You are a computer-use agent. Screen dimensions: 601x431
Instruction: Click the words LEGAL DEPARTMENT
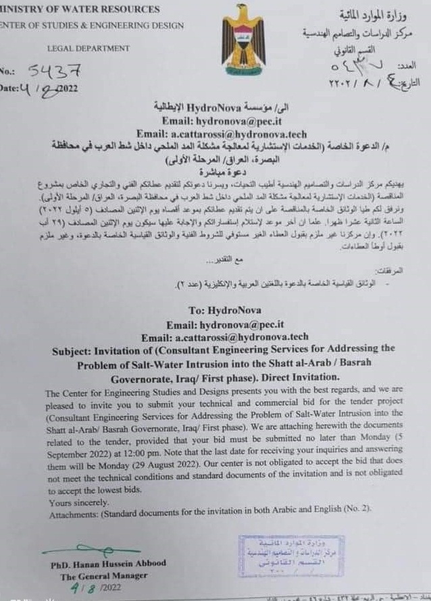tap(88, 49)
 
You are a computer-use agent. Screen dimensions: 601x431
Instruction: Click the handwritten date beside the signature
tap(89, 588)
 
